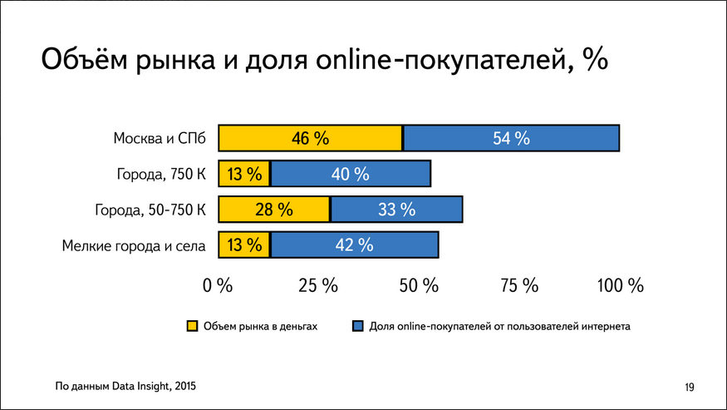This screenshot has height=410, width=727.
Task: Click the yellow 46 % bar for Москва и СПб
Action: coord(310,138)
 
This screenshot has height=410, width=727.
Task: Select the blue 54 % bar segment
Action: coord(511,138)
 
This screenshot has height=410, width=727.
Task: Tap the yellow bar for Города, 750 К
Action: coord(243,174)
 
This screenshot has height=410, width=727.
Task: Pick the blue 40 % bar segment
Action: coord(350,174)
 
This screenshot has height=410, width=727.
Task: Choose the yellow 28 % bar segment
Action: coord(273,210)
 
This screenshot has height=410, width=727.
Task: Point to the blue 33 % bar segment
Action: coord(396,210)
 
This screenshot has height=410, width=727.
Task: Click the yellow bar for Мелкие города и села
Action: coord(243,245)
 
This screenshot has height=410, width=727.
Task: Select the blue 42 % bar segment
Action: coord(354,245)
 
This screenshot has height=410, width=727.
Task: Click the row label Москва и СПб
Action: coord(160,138)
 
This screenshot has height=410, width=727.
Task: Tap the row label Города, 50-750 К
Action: coord(150,210)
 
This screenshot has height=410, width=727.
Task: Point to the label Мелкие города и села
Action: coord(134,245)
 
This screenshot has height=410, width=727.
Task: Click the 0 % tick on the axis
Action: coord(219,285)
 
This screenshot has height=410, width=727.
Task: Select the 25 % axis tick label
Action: coord(318,285)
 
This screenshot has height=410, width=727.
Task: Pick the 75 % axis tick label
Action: coord(519,285)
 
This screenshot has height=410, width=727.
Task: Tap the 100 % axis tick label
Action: coord(621,285)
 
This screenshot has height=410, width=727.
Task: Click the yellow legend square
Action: coord(191,326)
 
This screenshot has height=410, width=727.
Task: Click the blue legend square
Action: coord(357,326)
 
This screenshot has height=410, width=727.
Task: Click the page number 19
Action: coord(690,387)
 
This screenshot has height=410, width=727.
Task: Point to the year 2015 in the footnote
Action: coord(186,386)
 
